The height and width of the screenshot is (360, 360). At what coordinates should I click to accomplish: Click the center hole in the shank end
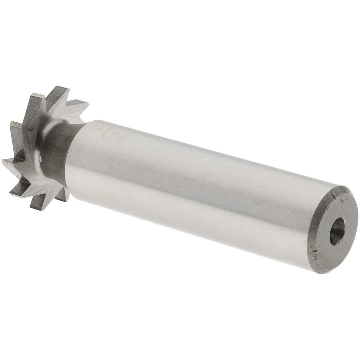coord(337,233)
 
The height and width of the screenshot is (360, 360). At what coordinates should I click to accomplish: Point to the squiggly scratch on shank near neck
coord(105,131)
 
